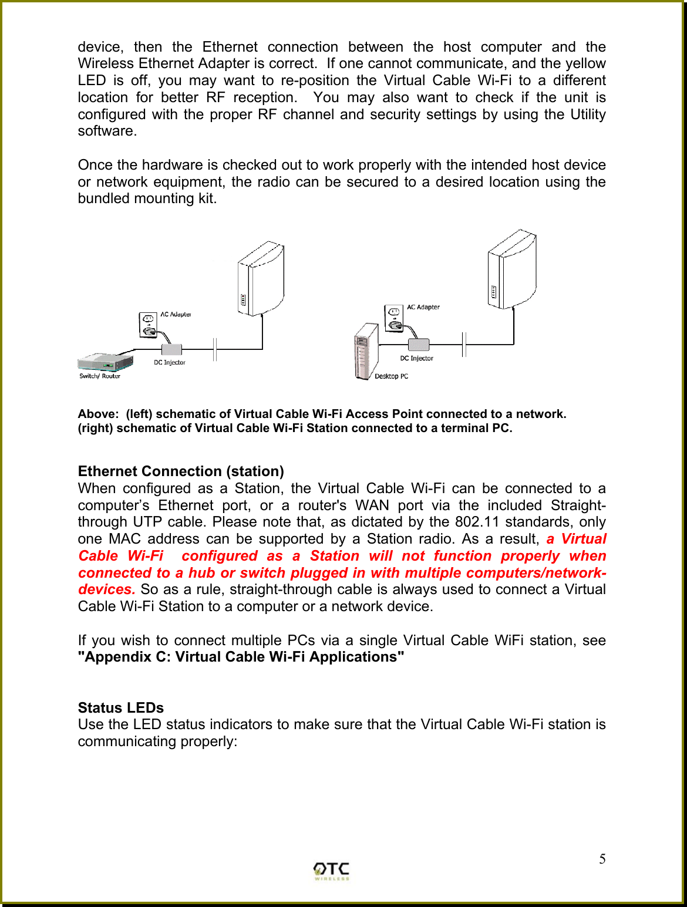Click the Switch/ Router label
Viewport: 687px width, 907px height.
point(100,376)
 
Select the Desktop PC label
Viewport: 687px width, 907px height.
point(391,376)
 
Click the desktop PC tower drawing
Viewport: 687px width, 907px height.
point(366,351)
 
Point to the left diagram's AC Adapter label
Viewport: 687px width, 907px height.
point(176,315)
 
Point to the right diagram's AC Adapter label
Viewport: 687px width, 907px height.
point(423,307)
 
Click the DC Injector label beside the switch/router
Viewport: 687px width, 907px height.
point(170,363)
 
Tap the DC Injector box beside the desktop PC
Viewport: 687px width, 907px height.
point(419,345)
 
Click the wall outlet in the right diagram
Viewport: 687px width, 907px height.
point(393,318)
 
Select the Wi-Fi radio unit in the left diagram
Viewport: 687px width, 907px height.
point(261,278)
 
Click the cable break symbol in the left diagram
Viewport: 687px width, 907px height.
point(215,349)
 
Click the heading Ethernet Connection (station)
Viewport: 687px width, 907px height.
point(181,471)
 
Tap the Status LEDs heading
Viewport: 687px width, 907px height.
point(121,707)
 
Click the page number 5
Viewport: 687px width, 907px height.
point(602,859)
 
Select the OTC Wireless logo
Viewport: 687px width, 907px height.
point(331,871)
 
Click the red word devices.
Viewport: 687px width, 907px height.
point(106,589)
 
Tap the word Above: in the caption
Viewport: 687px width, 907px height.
point(98,414)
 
